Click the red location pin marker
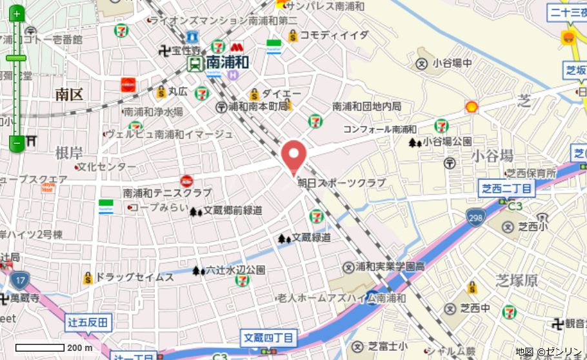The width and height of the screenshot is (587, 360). [x=294, y=155]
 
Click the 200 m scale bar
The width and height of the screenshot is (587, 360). [x=40, y=348]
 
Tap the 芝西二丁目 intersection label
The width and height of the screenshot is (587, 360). [x=507, y=188]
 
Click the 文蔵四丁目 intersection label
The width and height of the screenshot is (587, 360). [x=269, y=337]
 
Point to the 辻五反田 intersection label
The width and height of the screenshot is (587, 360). [x=88, y=322]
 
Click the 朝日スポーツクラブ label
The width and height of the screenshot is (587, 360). [x=341, y=183]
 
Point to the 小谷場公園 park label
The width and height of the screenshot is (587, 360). [x=447, y=142]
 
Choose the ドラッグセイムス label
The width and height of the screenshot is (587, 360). [x=135, y=277]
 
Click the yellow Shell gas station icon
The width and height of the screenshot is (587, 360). [x=472, y=107]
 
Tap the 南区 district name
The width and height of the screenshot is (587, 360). [x=69, y=95]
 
